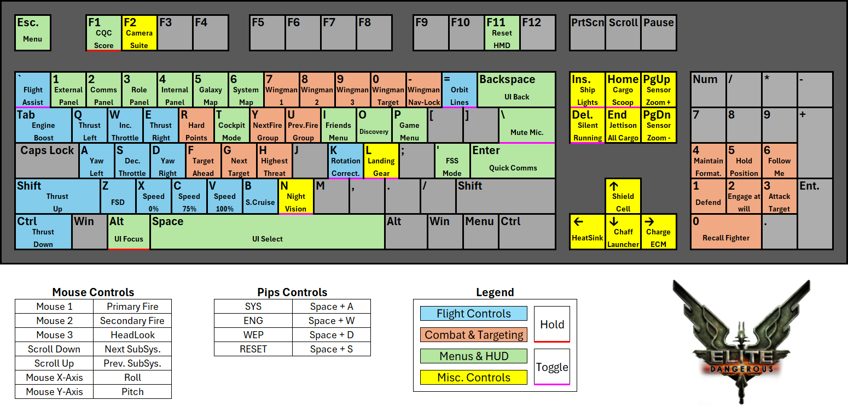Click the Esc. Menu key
(x=33, y=33)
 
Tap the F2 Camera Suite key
(x=139, y=33)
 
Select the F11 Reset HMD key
(x=502, y=33)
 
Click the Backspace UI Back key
(x=516, y=90)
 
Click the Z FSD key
(x=118, y=196)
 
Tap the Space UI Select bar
(x=268, y=232)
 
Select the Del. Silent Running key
(x=587, y=126)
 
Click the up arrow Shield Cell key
(x=623, y=196)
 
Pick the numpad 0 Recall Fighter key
(x=725, y=232)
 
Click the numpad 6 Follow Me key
(x=779, y=161)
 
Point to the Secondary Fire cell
(x=132, y=321)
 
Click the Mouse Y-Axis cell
(x=54, y=392)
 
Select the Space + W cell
(x=331, y=321)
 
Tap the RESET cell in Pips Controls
(x=253, y=349)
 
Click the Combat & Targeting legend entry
(x=474, y=334)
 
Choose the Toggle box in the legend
(x=552, y=367)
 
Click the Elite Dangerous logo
(x=741, y=340)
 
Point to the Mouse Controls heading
(x=93, y=292)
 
